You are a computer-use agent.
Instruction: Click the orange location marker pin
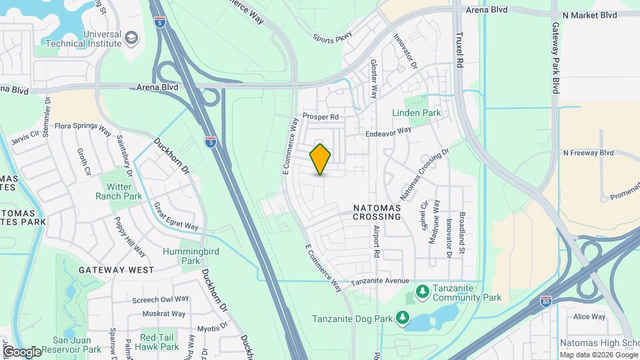[x=321, y=159]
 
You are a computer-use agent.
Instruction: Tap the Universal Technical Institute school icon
[x=131, y=37]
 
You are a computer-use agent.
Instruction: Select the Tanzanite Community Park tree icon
[x=422, y=291]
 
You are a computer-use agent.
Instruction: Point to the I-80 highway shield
[x=546, y=302]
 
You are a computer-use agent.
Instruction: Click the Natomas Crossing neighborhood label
[x=377, y=213]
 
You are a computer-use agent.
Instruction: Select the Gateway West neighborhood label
[x=116, y=270]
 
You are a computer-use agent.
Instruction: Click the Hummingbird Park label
[x=181, y=257]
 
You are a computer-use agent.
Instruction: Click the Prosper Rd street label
[x=321, y=117]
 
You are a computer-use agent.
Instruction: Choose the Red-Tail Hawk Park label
[x=157, y=343]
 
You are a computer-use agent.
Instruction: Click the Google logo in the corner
[x=22, y=351]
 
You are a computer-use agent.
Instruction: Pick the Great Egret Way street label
[x=176, y=217]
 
